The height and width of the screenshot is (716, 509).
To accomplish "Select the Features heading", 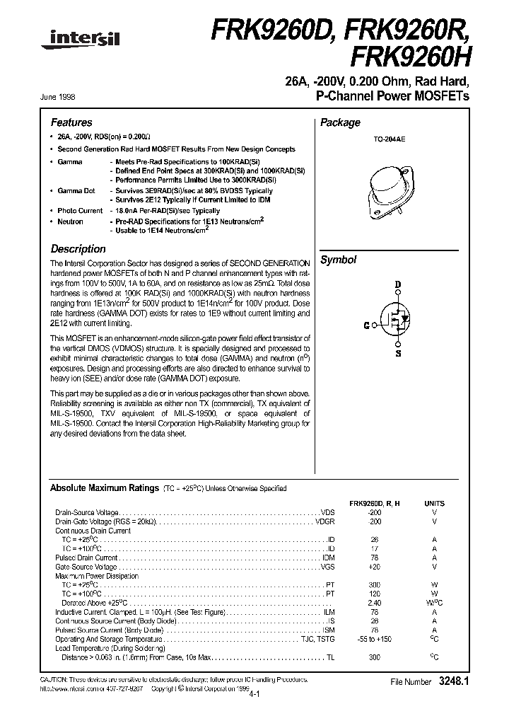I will pos(71,122).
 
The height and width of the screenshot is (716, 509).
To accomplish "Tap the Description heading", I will pos(78,249).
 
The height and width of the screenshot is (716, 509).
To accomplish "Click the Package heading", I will pos(340,122).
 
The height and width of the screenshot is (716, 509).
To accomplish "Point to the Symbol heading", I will pos(338,260).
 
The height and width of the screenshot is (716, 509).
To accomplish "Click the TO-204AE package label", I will pos(390,141).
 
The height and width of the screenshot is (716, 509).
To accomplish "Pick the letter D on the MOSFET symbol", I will pos(397,284).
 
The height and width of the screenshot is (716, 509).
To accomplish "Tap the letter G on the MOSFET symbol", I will pos(366,325).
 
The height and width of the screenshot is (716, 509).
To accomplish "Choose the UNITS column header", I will pos(434,503).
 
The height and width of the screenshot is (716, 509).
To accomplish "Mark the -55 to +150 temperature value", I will pos(375,640).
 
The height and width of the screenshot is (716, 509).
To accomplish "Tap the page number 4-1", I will pos(254,695).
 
